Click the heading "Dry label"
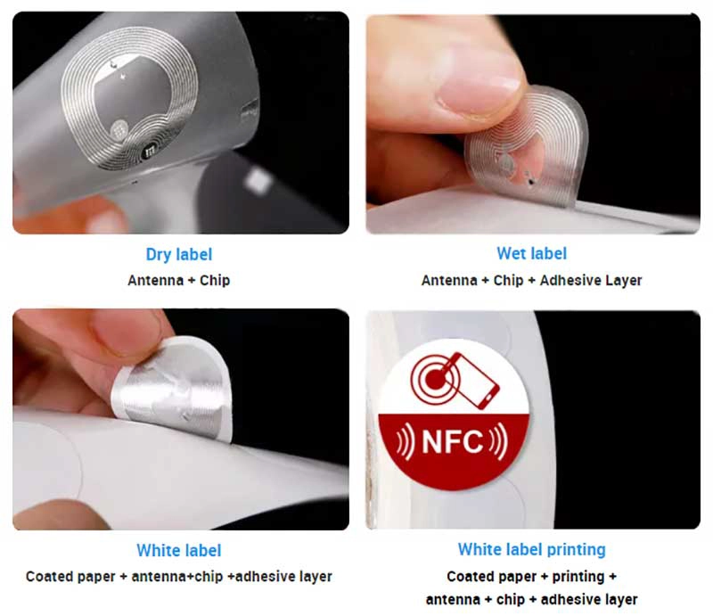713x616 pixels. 179,254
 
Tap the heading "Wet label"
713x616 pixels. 531,253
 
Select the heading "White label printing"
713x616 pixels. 531,549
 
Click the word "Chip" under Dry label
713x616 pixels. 215,280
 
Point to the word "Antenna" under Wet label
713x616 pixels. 449,280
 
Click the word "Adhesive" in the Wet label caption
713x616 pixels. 569,280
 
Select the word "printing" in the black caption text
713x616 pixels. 578,577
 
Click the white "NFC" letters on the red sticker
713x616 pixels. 453,441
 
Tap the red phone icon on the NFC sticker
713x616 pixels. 476,382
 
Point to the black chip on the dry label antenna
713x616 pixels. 149,152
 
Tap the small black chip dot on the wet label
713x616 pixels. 531,182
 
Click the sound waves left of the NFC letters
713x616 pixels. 405,441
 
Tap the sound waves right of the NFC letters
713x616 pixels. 499,441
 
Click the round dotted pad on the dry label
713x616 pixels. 119,130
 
